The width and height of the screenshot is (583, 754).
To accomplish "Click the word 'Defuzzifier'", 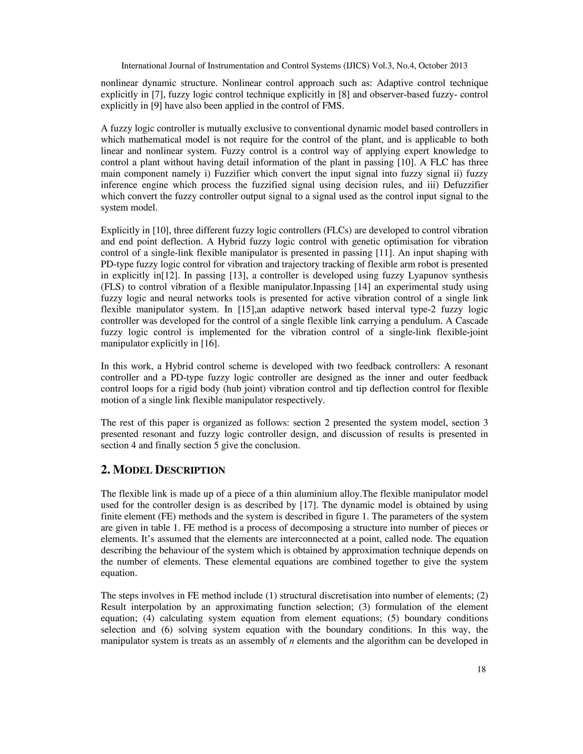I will coord(465,185).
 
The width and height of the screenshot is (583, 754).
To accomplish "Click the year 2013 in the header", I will coord(459,66).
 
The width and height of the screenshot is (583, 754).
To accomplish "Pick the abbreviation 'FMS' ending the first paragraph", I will coord(333,106).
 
